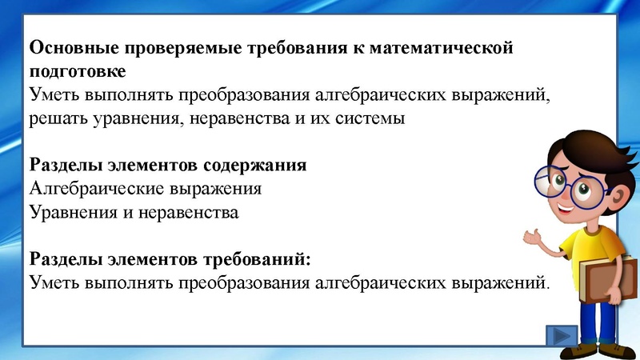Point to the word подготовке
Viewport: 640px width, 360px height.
coord(77,71)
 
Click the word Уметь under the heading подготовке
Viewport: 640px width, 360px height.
coord(54,94)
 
